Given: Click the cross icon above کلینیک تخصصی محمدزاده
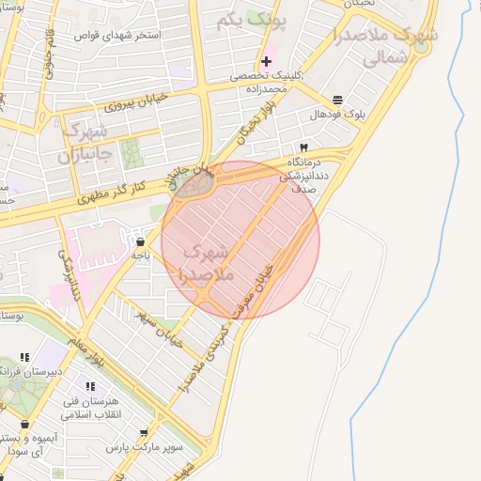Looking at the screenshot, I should [267, 61].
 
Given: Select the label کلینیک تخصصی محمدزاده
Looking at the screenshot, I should [267, 83].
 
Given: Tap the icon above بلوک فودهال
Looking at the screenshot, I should [338, 100].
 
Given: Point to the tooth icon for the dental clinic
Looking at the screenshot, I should [303, 148].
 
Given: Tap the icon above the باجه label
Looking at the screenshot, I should [141, 241].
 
